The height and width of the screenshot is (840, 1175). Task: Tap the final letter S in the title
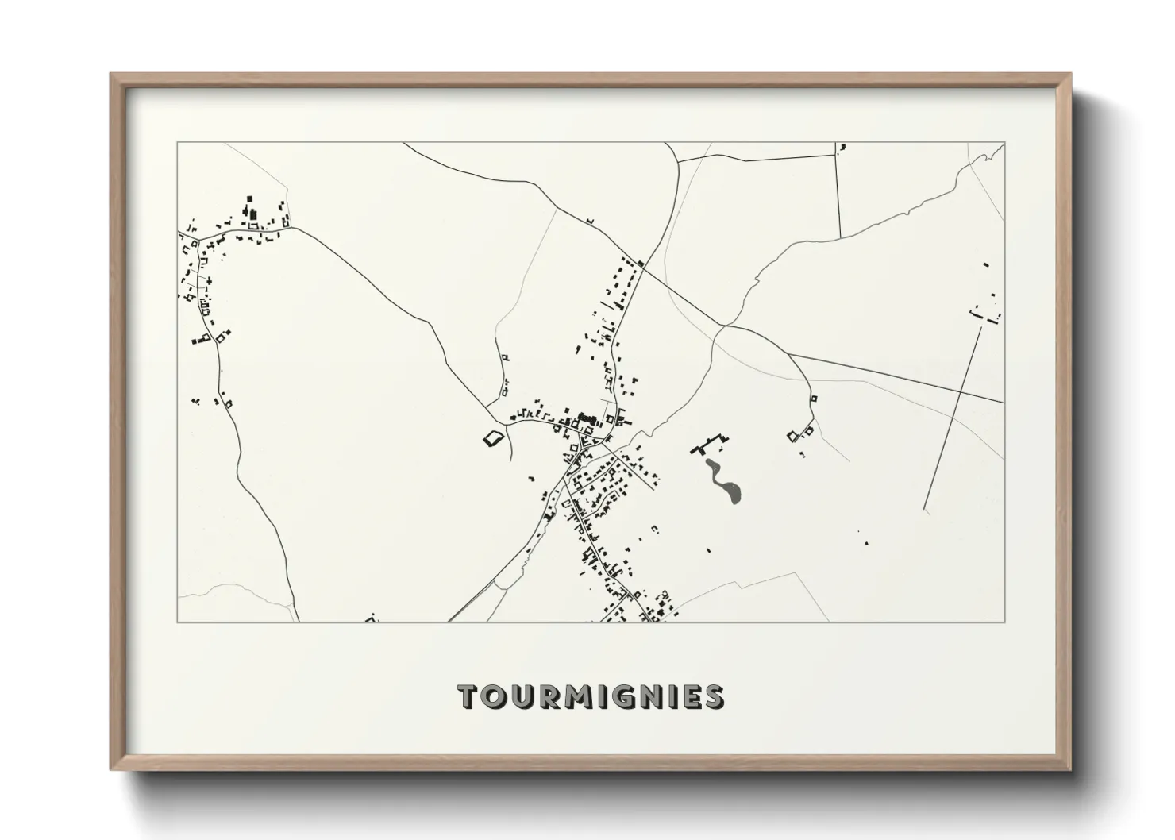click(x=714, y=696)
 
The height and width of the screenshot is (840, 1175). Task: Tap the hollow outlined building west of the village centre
click(x=494, y=437)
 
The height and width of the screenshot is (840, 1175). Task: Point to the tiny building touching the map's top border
click(x=842, y=147)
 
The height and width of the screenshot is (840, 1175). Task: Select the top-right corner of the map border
click(x=1004, y=143)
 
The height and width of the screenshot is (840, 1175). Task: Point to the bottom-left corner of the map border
click(x=178, y=622)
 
